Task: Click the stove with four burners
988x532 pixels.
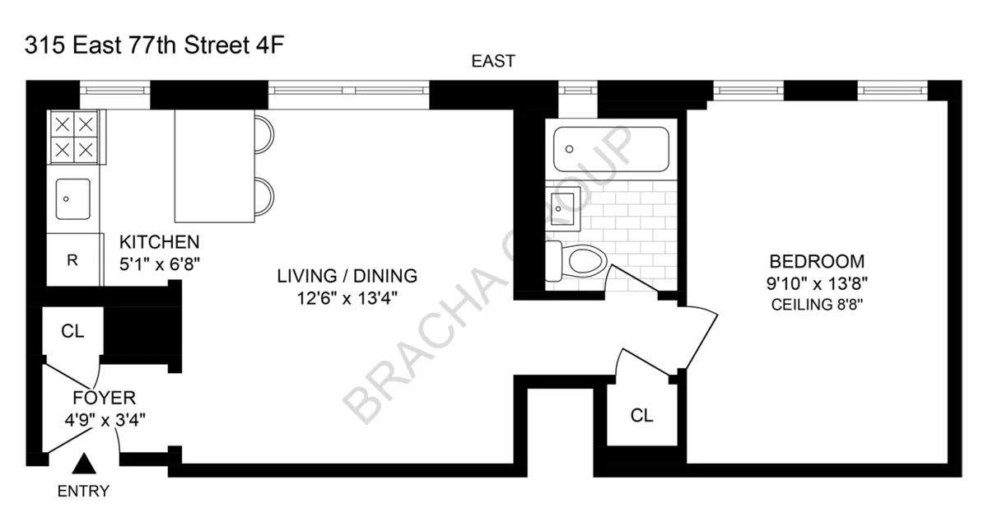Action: [x=74, y=137]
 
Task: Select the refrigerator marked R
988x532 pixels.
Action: [x=72, y=260]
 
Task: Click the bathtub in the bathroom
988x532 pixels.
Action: [x=610, y=150]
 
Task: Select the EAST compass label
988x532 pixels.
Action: [x=492, y=61]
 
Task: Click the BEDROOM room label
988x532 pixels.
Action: [x=816, y=262]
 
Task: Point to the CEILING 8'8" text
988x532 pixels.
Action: [x=816, y=305]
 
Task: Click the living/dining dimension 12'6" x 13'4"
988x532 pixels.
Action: [x=347, y=298]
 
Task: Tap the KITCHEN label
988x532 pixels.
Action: [x=160, y=242]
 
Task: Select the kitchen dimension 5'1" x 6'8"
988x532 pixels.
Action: [x=160, y=264]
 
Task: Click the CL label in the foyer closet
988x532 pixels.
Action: [x=72, y=331]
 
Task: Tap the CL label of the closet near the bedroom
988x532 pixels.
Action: [x=641, y=416]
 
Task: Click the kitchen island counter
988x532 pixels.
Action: [x=214, y=167]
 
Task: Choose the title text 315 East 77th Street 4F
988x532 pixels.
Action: [x=155, y=44]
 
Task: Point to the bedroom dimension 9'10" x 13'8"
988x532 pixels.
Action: [x=816, y=284]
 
